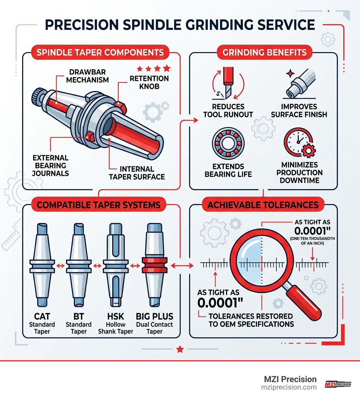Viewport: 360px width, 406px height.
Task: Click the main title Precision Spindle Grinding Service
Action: point(180,26)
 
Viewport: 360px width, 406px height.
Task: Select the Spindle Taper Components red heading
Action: point(100,53)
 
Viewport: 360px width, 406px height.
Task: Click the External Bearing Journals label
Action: point(50,165)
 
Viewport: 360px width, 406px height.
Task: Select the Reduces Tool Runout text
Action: point(228,110)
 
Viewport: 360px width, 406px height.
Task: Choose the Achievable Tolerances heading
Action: point(263,205)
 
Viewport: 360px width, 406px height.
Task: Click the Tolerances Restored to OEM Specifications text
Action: point(250,320)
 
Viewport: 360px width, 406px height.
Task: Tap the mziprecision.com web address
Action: point(289,387)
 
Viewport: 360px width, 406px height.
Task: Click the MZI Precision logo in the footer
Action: point(337,384)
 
